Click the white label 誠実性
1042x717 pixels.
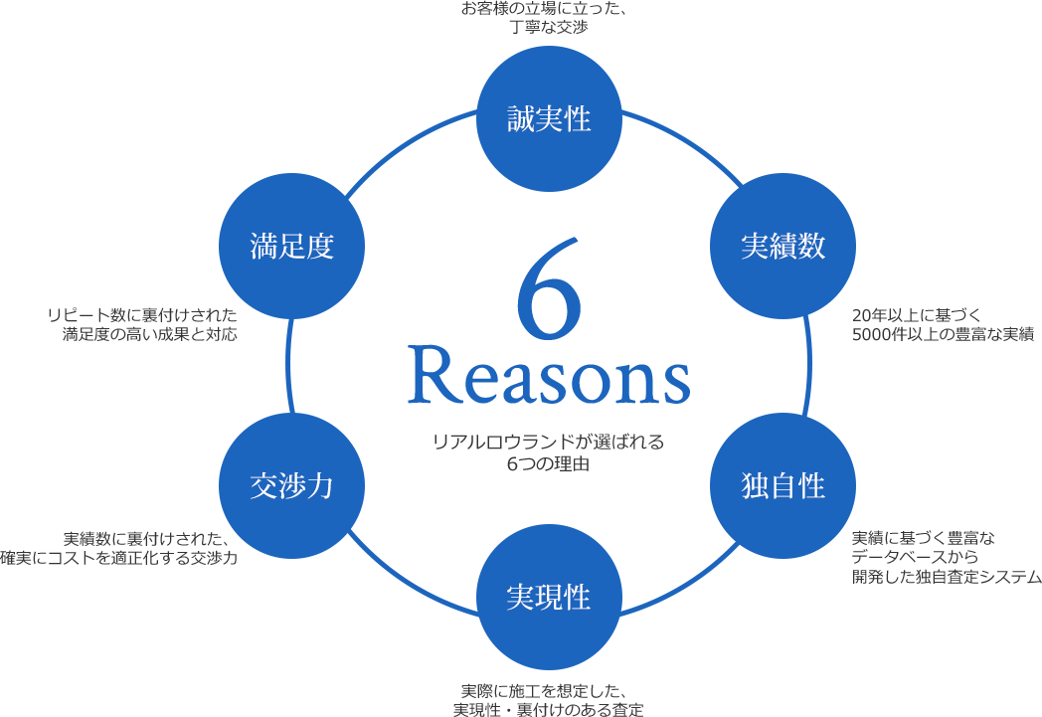click(549, 120)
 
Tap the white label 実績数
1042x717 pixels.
click(783, 247)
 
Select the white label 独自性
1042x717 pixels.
click(783, 486)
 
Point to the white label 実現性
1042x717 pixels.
click(549, 598)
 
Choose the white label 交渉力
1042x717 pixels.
click(291, 486)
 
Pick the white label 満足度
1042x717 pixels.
click(291, 247)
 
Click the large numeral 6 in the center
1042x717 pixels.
click(549, 287)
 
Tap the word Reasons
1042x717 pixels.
click(549, 376)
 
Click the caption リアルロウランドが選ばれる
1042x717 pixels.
click(549, 443)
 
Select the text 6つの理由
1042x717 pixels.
click(549, 462)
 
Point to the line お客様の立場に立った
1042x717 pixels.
click(547, 10)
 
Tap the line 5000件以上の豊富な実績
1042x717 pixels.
click(943, 333)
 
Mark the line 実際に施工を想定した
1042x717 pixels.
click(547, 691)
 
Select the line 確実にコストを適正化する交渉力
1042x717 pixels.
click(119, 558)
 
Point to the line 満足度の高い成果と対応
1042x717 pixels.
click(150, 334)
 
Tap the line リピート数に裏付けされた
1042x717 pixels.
click(142, 315)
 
